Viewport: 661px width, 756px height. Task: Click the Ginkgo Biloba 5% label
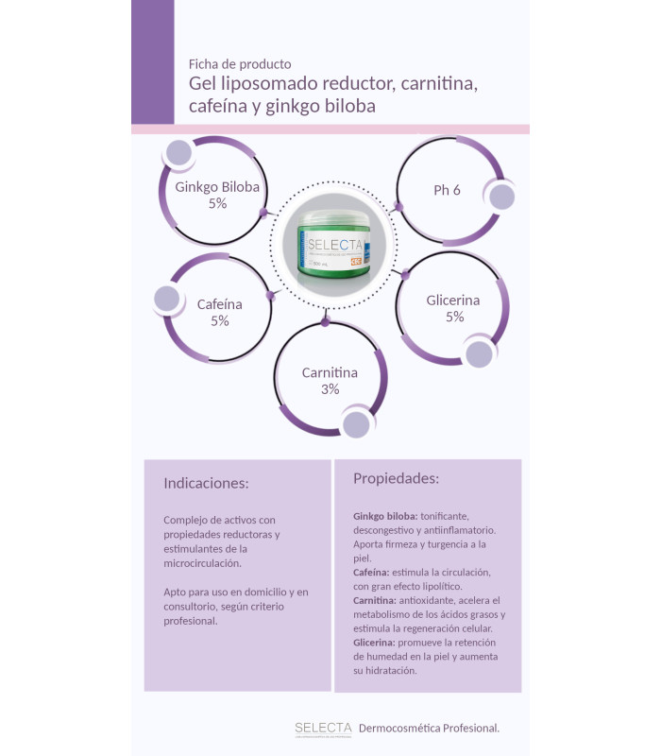[x=217, y=195]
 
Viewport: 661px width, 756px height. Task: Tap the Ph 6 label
[x=447, y=190]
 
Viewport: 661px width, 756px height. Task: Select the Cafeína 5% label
[x=219, y=313]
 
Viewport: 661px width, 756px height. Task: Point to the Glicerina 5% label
[x=453, y=308]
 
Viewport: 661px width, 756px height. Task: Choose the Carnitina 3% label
[x=330, y=381]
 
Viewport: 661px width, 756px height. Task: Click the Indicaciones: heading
[x=206, y=483]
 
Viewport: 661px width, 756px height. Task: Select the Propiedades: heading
[x=396, y=478]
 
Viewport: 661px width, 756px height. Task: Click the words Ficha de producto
[x=240, y=64]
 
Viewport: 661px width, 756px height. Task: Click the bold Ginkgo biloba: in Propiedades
[x=384, y=517]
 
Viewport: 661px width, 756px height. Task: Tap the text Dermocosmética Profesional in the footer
[x=429, y=728]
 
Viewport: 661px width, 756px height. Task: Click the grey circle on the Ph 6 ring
[x=500, y=197]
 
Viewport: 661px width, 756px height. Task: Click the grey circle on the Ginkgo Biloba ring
[x=179, y=153]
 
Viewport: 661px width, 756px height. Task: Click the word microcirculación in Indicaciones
[x=201, y=562]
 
